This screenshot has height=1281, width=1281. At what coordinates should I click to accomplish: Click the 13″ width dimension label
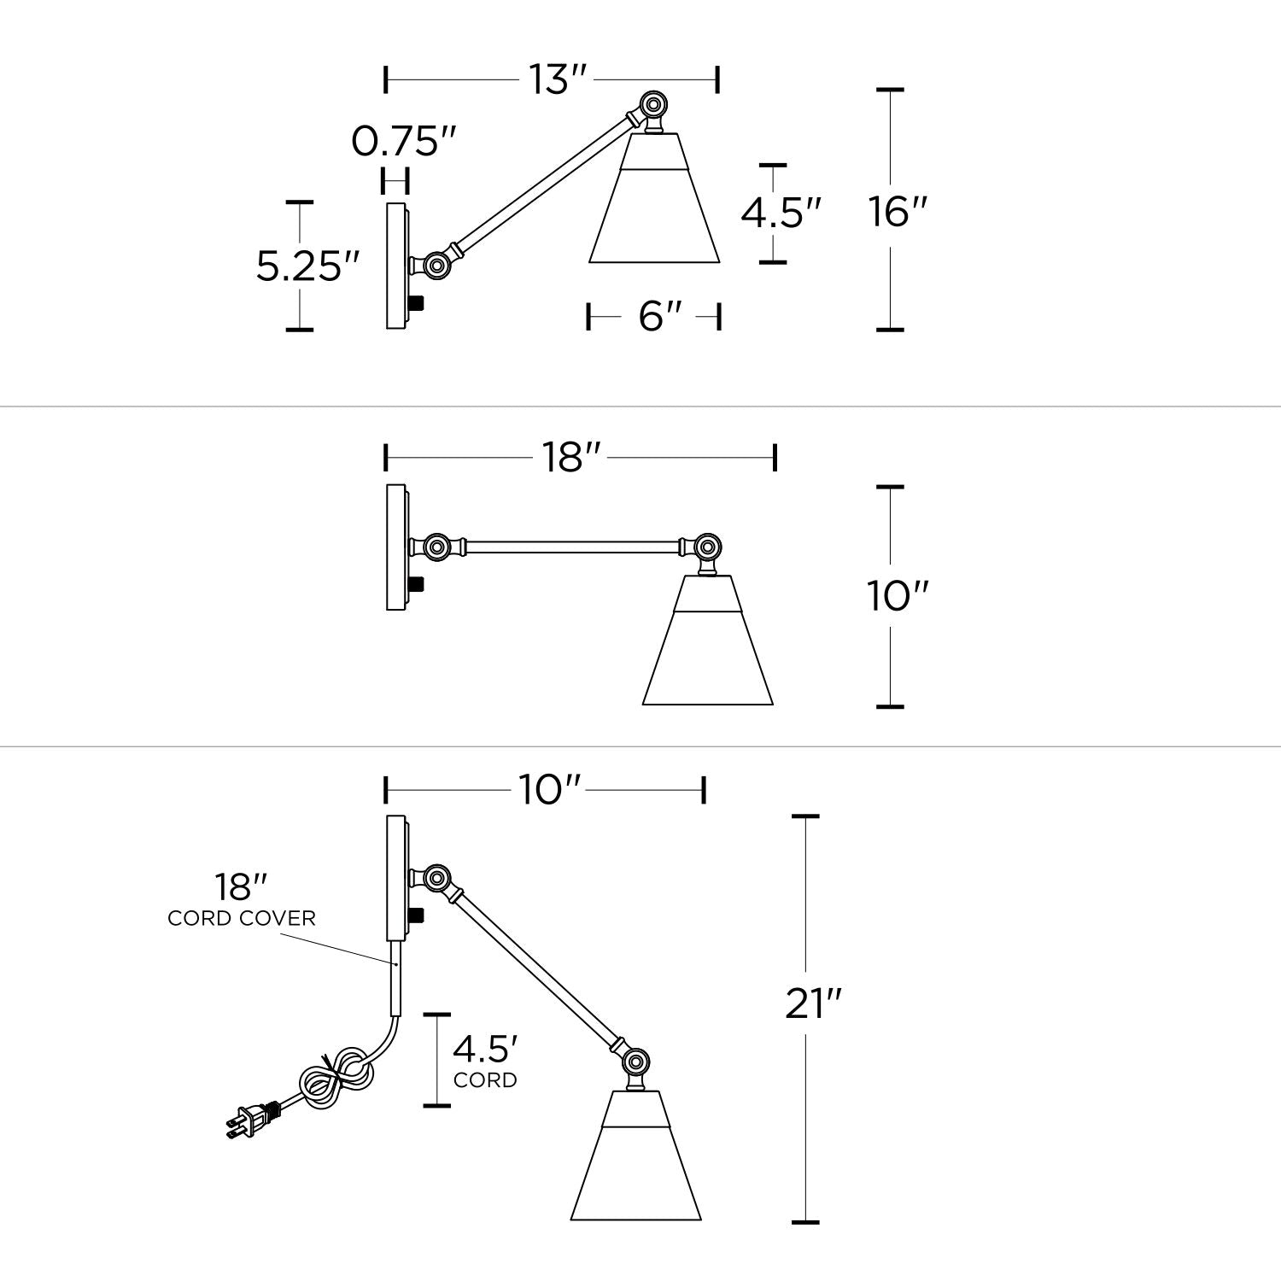pos(558,79)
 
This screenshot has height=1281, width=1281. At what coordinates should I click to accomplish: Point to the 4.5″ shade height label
pos(781,213)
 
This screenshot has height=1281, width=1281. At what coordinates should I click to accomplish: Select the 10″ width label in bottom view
pos(550,790)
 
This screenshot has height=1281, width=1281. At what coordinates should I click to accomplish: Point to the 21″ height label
pos(814,1003)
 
